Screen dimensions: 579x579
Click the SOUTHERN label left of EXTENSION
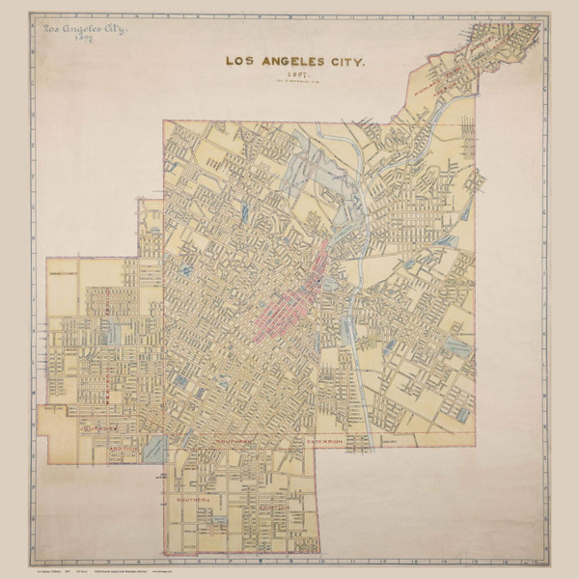[234, 442]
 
